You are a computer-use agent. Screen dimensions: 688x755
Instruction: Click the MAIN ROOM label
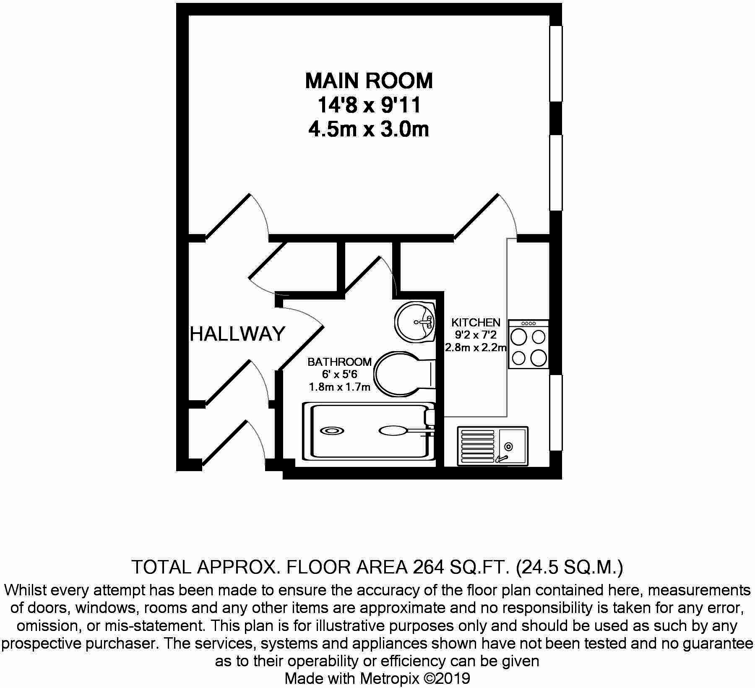[369, 81]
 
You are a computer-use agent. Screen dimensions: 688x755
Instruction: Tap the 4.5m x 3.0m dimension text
[369, 129]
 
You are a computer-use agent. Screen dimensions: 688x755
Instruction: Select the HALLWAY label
[237, 334]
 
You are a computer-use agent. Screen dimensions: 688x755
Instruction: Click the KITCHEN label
[476, 322]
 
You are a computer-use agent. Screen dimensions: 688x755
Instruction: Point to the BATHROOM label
[339, 362]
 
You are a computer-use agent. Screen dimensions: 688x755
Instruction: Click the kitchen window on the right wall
[556, 413]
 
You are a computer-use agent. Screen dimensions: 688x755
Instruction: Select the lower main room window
[556, 172]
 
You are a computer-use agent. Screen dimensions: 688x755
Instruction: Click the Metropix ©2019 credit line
[377, 678]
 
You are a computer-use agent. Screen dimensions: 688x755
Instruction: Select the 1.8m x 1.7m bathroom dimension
[339, 387]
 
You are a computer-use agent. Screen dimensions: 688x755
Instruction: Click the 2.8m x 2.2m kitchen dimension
[476, 347]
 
